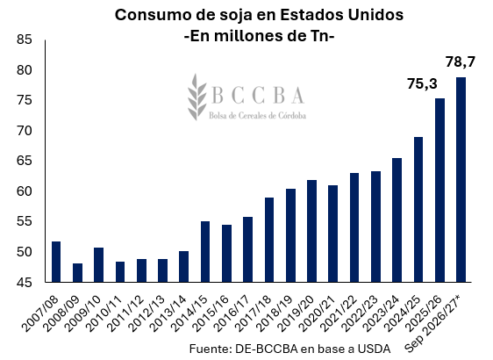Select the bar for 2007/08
click(56, 262)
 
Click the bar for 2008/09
click(77, 272)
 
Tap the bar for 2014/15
click(205, 251)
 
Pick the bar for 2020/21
click(333, 234)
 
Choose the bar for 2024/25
click(418, 209)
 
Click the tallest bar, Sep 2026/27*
click(461, 179)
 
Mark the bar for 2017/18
click(269, 240)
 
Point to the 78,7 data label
click(461, 62)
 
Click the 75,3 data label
click(422, 84)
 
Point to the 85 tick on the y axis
click(25, 40)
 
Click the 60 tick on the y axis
click(25, 191)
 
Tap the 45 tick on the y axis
click(25, 283)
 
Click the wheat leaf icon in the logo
click(196, 97)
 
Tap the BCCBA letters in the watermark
click(258, 95)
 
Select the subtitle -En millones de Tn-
click(259, 36)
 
